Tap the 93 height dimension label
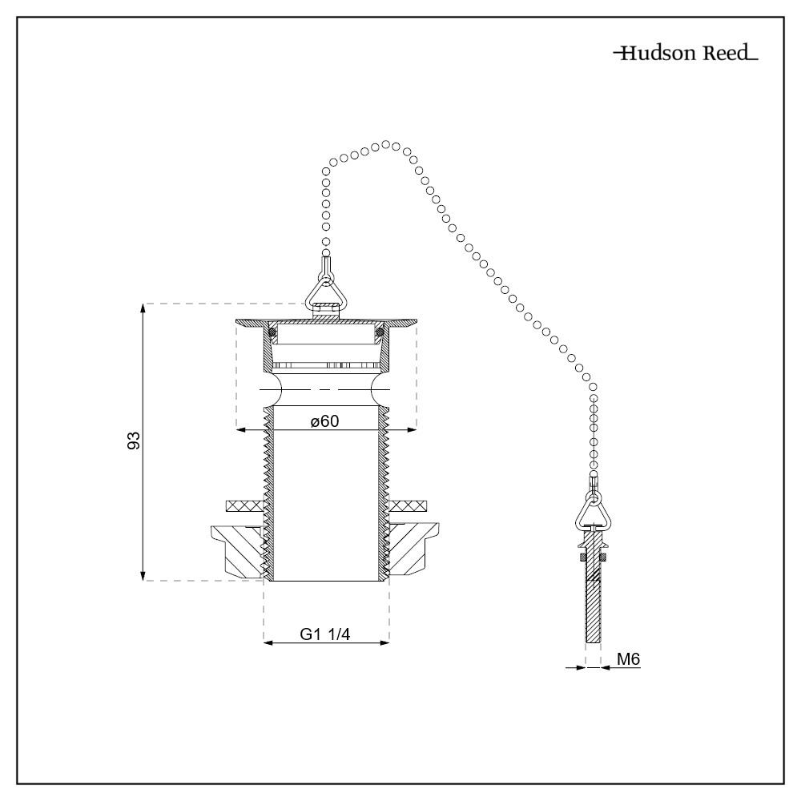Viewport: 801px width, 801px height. point(135,441)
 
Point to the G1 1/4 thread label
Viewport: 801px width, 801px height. point(325,634)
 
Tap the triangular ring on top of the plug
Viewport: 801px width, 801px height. point(327,289)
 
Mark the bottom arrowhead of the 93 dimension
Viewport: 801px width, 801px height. point(143,575)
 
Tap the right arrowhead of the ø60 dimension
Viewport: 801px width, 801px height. point(413,431)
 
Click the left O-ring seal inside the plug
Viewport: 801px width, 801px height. point(272,332)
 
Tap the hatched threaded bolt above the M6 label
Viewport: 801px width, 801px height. point(593,601)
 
